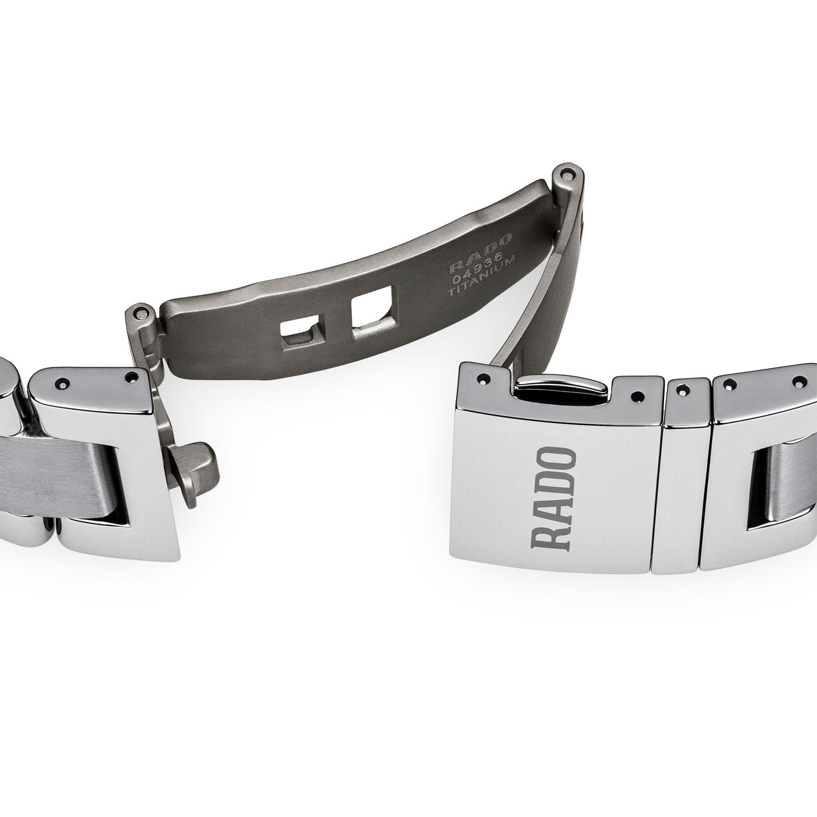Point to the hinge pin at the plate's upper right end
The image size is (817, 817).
564,174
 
